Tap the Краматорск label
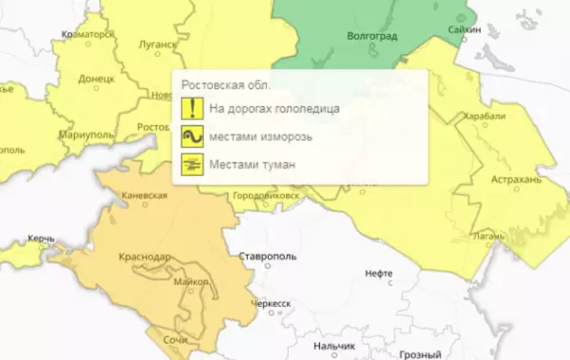86,34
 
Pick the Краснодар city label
143,257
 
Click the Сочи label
174,339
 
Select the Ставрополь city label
265,257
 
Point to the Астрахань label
516,179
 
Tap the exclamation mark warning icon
192,108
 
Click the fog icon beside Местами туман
192,165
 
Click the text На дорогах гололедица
275,108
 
